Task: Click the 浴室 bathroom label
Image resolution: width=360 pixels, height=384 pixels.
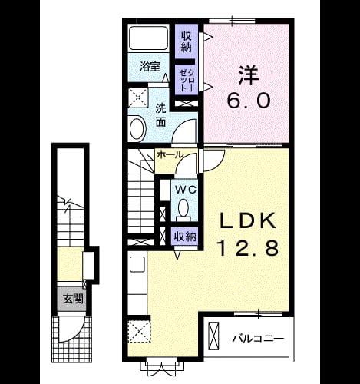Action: pos(150,67)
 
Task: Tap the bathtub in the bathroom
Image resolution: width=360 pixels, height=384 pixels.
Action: pos(148,38)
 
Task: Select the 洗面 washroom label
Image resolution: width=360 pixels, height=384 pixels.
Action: pos(161,115)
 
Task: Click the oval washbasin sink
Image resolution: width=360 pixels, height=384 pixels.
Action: pos(138,129)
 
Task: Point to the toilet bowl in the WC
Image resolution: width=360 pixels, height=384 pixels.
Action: pos(183,210)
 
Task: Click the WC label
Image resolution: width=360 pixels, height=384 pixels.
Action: pos(186,190)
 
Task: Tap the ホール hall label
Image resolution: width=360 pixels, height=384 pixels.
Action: pos(170,154)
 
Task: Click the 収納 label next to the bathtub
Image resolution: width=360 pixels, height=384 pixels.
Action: pos(187,42)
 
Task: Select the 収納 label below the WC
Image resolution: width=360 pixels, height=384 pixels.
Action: pos(185,237)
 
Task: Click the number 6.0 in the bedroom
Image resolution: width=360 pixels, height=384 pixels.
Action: pos(249,100)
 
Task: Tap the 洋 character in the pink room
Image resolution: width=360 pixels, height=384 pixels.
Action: pos(248,75)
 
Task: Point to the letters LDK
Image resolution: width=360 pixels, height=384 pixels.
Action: pos(248,220)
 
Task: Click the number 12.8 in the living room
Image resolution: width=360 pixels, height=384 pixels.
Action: pos(248,248)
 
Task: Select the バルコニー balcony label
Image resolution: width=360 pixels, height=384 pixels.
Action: pos(258,339)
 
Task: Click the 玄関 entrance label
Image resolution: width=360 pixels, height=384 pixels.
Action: pos(73,299)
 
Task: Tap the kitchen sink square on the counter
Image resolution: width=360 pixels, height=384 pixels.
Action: pos(137,264)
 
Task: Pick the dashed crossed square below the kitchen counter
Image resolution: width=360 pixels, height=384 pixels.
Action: pos(139,331)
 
